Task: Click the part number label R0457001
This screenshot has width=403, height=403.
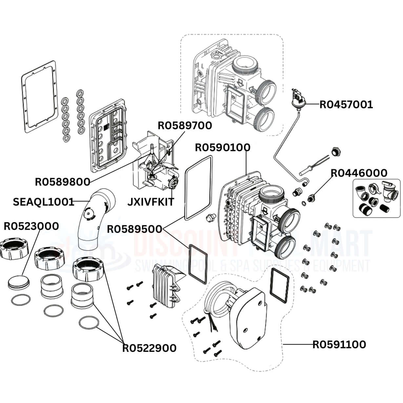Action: click(x=346, y=105)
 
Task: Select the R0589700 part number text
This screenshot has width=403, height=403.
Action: click(x=185, y=126)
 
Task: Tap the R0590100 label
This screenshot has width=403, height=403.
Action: click(x=222, y=148)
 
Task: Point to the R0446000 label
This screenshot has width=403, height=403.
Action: click(x=358, y=173)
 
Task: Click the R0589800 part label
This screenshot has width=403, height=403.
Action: click(x=62, y=182)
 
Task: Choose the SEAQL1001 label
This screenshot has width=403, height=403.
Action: click(x=43, y=202)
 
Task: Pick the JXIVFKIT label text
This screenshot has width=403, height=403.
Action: click(x=151, y=201)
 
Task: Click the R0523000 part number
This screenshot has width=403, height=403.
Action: click(x=31, y=226)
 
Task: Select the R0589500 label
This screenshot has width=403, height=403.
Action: click(x=134, y=229)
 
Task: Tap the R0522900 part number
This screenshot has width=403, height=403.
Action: click(x=149, y=348)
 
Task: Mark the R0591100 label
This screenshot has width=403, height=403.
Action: click(x=339, y=345)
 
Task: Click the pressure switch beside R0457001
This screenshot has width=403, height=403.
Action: click(x=299, y=100)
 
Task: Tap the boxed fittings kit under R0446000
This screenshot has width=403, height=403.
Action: click(x=376, y=198)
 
